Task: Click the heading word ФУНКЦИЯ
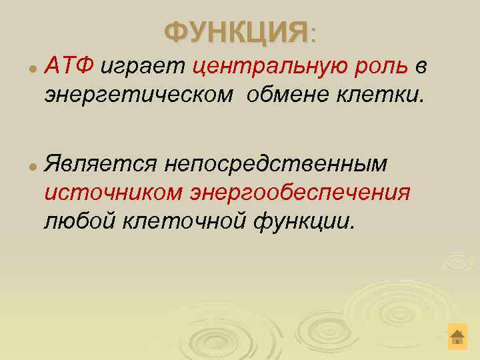coord(235,31)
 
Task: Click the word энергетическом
coord(139,95)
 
